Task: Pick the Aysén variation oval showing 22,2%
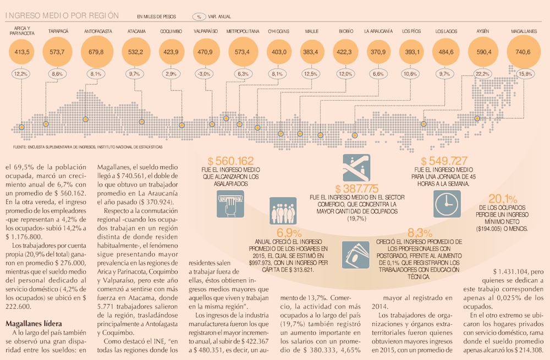pos(483,73)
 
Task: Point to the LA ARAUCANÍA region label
pos(378,31)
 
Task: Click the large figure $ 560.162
pos(230,161)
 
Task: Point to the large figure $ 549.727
pos(444,161)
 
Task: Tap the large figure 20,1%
pos(503,199)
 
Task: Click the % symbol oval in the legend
pos(200,16)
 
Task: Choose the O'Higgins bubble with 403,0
pos(276,53)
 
